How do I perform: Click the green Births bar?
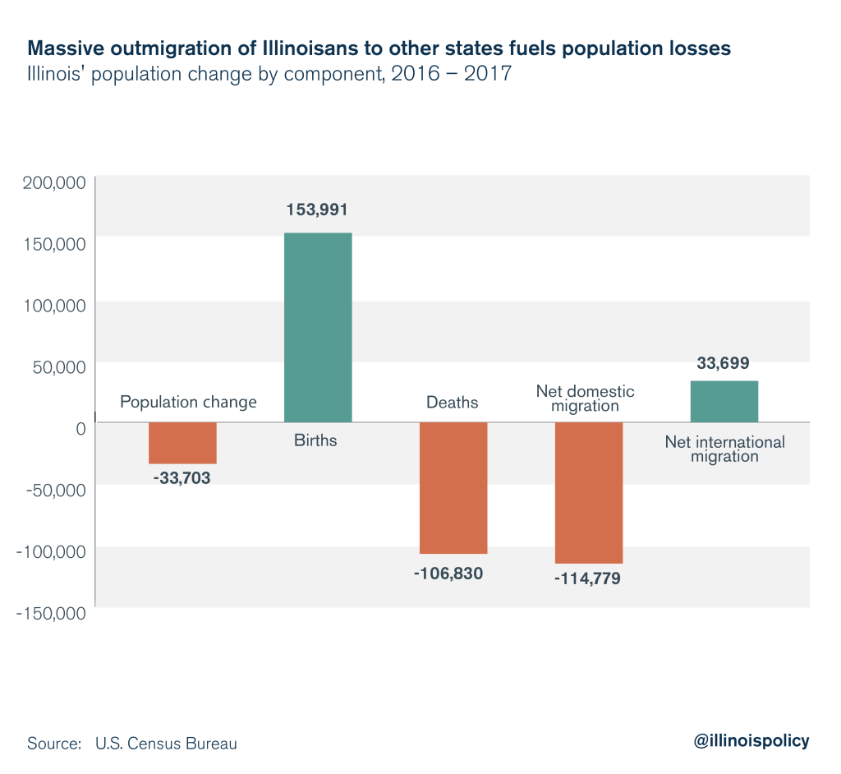(x=318, y=327)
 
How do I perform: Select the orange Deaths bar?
(x=453, y=487)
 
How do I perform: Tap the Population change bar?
(x=182, y=443)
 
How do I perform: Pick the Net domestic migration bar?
(x=589, y=492)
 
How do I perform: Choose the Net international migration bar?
(x=724, y=401)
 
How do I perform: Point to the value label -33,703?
(x=182, y=477)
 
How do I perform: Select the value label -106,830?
(x=448, y=573)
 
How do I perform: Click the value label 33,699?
(x=723, y=362)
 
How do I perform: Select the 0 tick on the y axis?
(x=80, y=427)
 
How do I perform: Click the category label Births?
(x=315, y=440)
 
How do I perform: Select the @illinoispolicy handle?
(x=751, y=740)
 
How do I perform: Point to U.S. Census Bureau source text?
(x=166, y=744)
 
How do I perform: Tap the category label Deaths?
(x=452, y=403)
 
